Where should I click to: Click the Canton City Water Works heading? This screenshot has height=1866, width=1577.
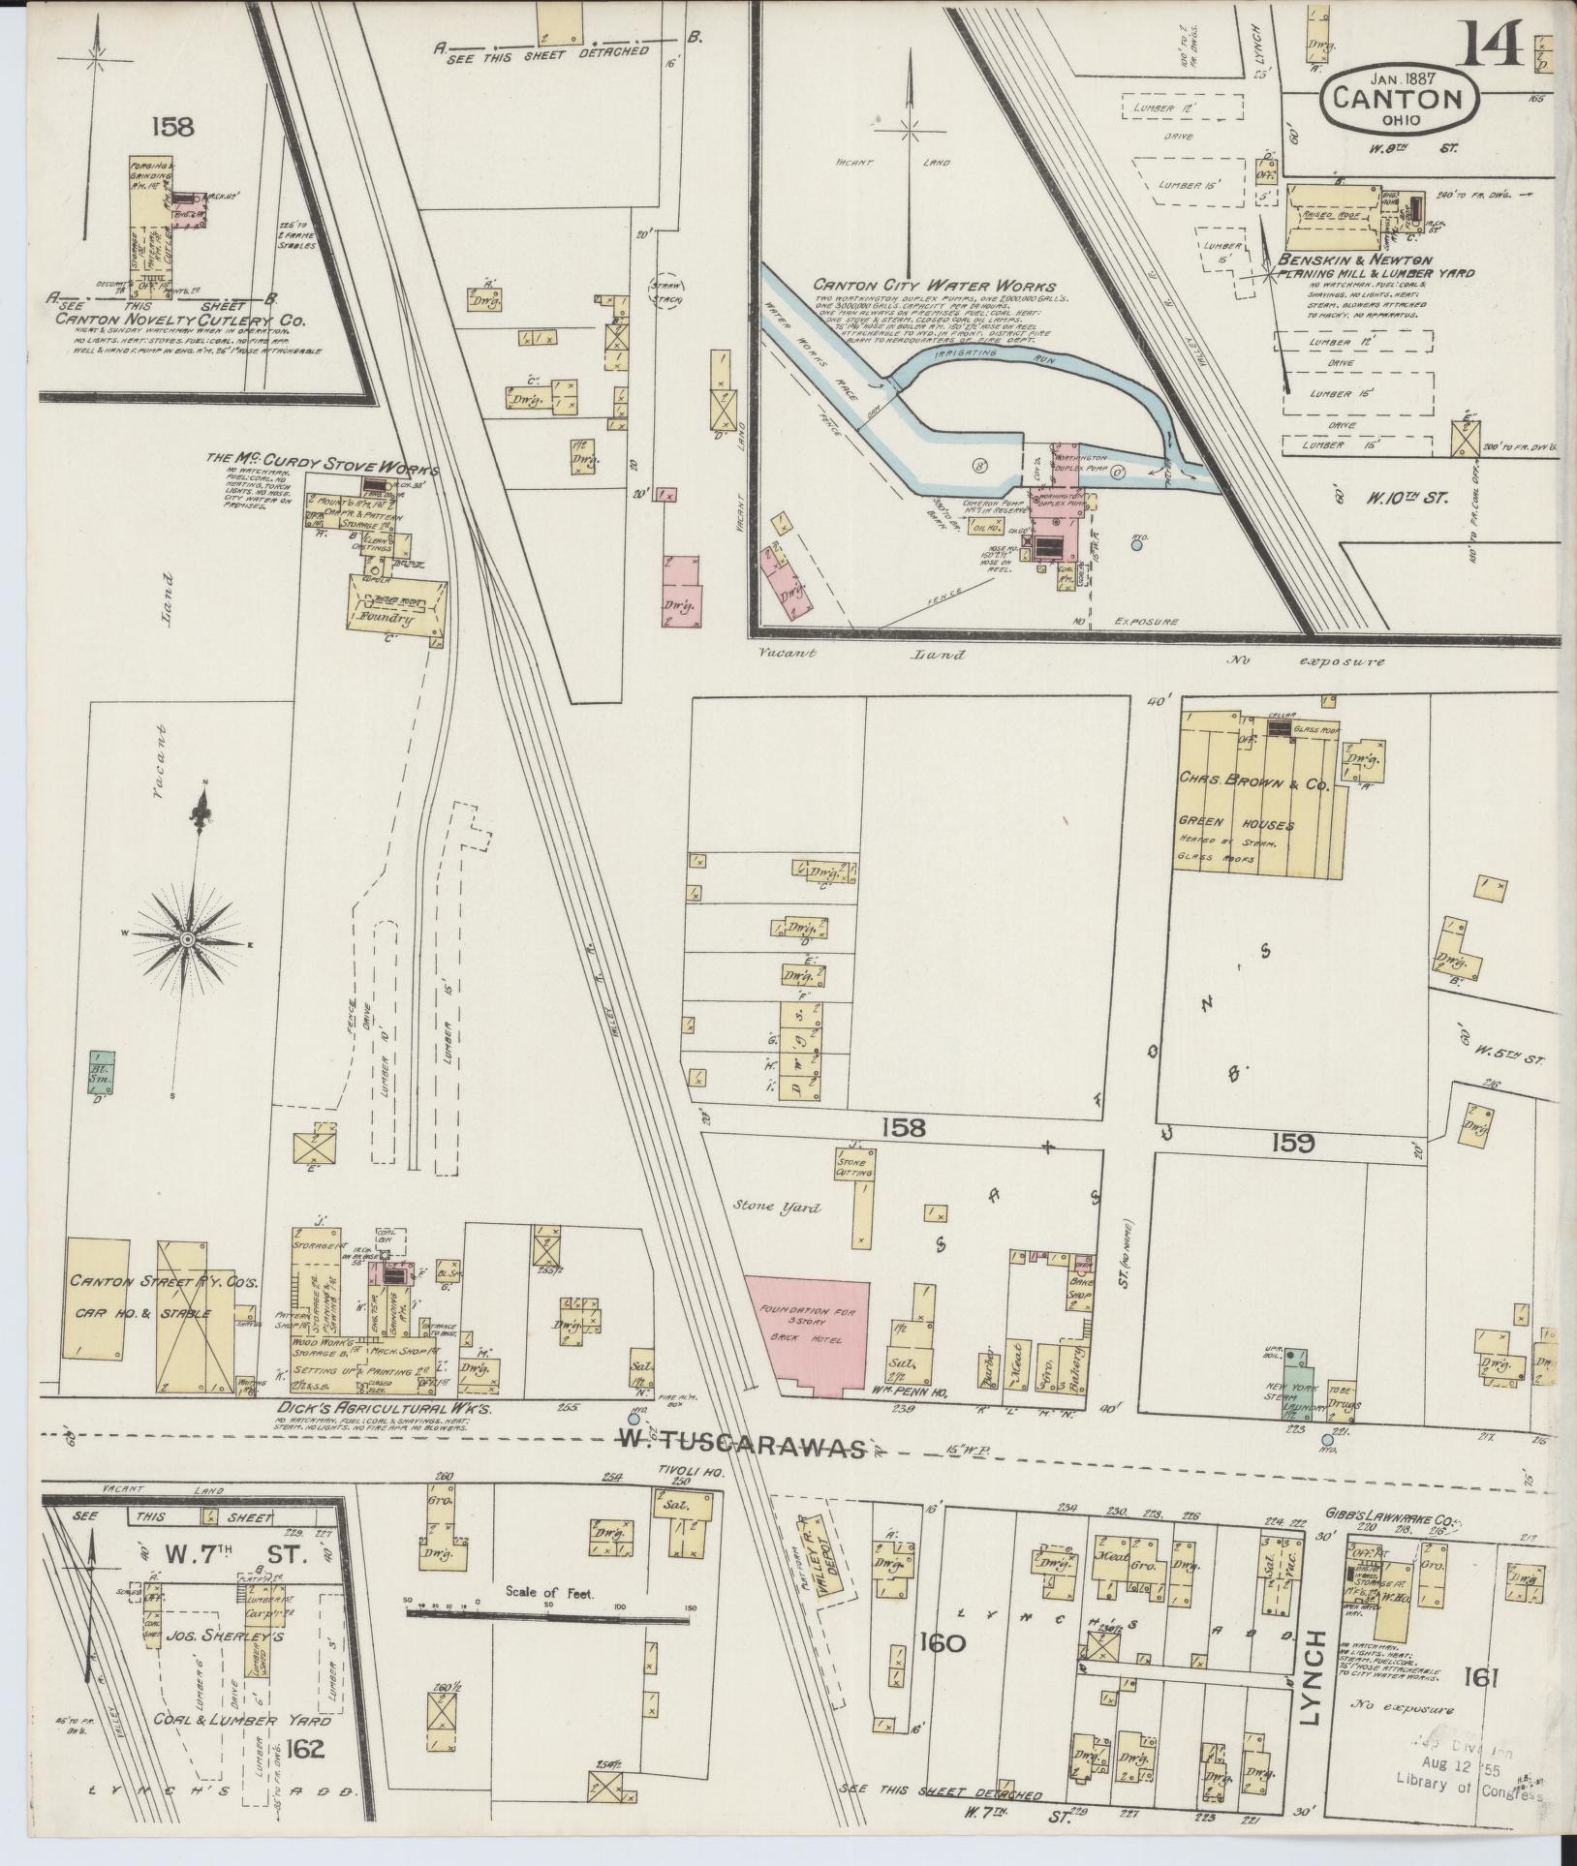click(x=934, y=286)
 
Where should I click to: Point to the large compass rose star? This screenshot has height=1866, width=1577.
click(x=188, y=938)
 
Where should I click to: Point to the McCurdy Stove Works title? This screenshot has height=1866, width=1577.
click(x=322, y=462)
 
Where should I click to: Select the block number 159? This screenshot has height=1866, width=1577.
click(x=1295, y=1144)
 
